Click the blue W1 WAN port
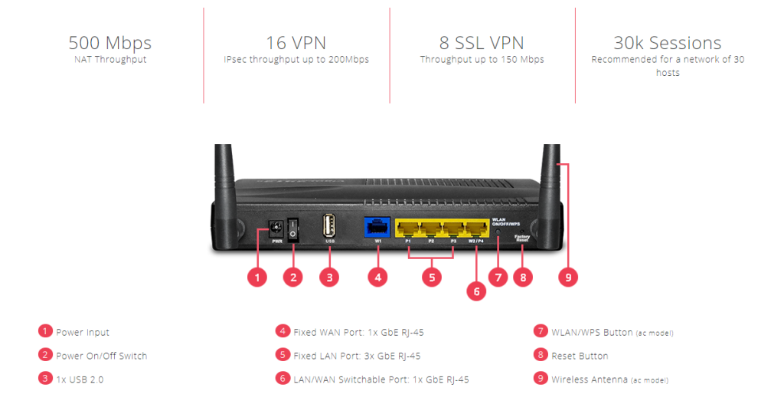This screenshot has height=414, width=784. pyautogui.click(x=377, y=227)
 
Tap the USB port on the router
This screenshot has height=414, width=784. pyautogui.click(x=329, y=226)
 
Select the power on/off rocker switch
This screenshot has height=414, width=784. pyautogui.click(x=292, y=227)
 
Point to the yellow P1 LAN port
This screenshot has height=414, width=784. pyautogui.click(x=408, y=228)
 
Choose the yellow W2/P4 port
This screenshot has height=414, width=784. pyautogui.click(x=476, y=228)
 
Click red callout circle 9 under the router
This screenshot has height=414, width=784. pyautogui.click(x=568, y=278)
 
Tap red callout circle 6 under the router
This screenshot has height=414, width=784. pyautogui.click(x=475, y=292)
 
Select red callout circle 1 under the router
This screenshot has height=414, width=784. pyautogui.click(x=257, y=278)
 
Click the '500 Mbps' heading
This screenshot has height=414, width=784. pyautogui.click(x=109, y=43)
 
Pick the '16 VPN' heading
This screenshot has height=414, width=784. pyautogui.click(x=296, y=43)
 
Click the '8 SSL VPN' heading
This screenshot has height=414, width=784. pyautogui.click(x=482, y=43)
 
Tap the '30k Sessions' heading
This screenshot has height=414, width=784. pyautogui.click(x=667, y=43)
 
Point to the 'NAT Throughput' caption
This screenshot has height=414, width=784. pyautogui.click(x=109, y=60)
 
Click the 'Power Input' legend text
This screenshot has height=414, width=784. pyautogui.click(x=83, y=333)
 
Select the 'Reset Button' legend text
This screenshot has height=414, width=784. pyautogui.click(x=580, y=356)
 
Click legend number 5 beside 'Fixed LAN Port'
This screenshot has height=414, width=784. pyautogui.click(x=283, y=355)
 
